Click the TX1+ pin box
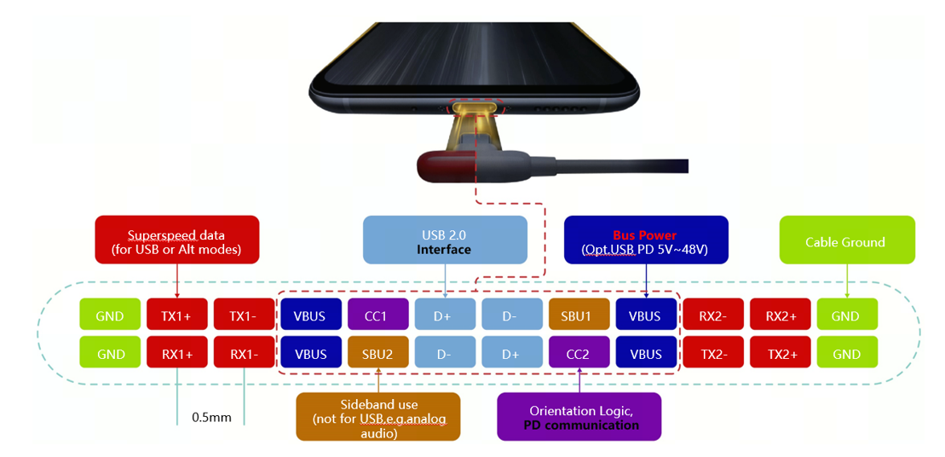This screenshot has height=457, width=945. coord(176,315)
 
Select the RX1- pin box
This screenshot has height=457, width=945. coord(243,354)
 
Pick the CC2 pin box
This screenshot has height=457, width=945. coord(579,354)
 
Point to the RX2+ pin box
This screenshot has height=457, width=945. coord(780,315)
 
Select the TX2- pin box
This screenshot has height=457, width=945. coord(712,354)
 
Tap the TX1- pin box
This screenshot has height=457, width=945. coord(243,315)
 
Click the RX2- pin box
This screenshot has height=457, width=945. coord(712,315)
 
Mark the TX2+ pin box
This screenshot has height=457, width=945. coord(780,354)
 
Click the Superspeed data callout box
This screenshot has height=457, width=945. coord(176,242)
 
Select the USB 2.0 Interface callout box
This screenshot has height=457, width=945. coord(445,242)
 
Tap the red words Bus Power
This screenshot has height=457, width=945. coord(644,235)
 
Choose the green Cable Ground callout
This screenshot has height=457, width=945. coord(846,241)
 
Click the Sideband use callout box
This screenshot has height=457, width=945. coord(377,416)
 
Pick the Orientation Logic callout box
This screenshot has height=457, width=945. coord(579,417)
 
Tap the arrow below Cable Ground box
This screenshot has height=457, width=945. coord(846,280)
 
